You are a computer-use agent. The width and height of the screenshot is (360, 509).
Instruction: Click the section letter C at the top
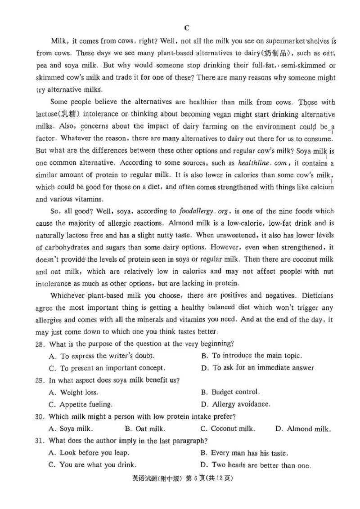[187, 28]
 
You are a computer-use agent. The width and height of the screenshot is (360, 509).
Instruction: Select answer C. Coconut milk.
[227, 429]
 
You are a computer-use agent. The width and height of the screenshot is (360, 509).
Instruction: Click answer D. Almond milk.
[303, 429]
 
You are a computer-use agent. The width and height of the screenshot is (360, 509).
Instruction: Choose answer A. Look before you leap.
[88, 453]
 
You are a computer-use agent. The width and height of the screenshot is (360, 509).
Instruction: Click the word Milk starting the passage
[58, 41]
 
